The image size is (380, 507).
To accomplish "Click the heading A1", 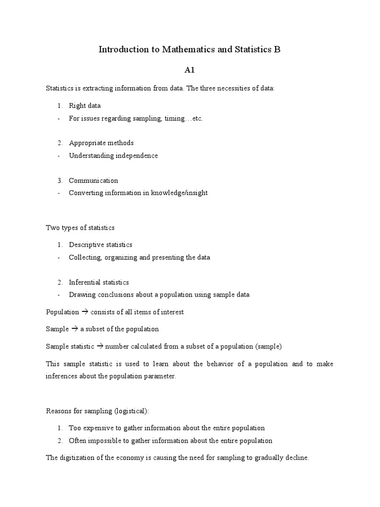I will click(x=190, y=70).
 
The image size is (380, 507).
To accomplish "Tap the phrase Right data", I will click(x=85, y=105).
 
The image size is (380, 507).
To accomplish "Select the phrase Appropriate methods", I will click(x=101, y=143).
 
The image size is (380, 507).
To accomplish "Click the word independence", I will click(x=137, y=155).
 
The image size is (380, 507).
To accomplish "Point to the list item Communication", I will click(x=94, y=180).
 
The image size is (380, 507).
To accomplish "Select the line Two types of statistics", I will click(x=80, y=228).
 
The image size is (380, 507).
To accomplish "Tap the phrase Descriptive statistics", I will click(x=100, y=245).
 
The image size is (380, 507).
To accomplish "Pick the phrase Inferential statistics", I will click(x=99, y=282).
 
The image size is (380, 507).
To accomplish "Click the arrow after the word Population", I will click(x=84, y=312).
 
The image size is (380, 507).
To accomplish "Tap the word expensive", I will click(x=95, y=428).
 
